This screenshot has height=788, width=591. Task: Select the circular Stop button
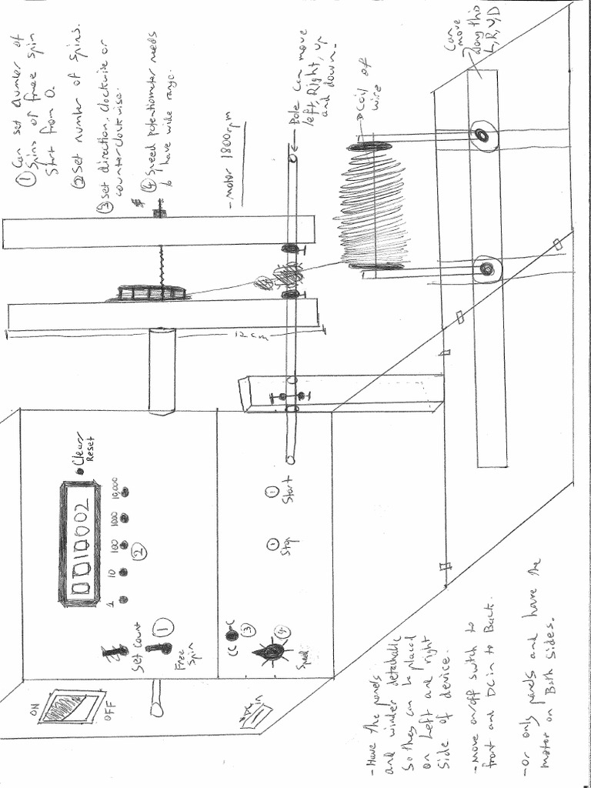click(273, 545)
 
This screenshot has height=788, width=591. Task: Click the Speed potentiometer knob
click(270, 651)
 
